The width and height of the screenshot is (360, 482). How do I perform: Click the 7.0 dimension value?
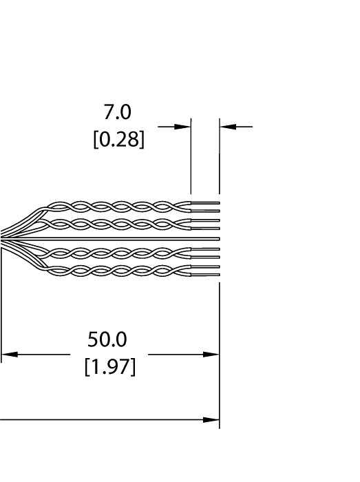click(x=117, y=112)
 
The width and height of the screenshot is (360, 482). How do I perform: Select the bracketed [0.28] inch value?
click(x=118, y=139)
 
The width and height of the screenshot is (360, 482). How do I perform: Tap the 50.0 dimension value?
click(x=107, y=339)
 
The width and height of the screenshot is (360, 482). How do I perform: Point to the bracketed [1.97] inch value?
click(x=110, y=366)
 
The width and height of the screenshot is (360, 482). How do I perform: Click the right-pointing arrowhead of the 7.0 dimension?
click(x=182, y=126)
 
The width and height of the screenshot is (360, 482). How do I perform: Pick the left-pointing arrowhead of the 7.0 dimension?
click(x=228, y=126)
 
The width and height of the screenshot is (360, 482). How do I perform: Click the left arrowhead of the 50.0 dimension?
click(x=10, y=355)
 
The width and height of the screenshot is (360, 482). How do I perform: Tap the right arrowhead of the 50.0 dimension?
click(x=211, y=355)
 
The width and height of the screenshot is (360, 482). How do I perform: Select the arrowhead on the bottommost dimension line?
click(x=211, y=419)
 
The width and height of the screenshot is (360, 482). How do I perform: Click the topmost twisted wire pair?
click(x=120, y=207)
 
